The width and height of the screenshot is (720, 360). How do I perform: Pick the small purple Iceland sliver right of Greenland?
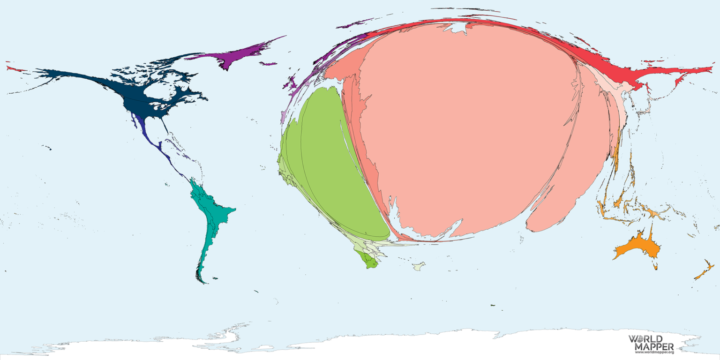pyautogui.click(x=268, y=63)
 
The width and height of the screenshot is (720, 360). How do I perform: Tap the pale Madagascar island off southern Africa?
pyautogui.click(x=419, y=266)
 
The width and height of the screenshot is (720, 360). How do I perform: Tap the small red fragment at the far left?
pyautogui.click(x=14, y=69)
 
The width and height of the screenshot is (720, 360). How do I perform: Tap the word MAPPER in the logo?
pyautogui.click(x=654, y=346)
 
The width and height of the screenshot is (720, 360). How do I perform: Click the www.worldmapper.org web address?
pyautogui.click(x=654, y=352)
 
